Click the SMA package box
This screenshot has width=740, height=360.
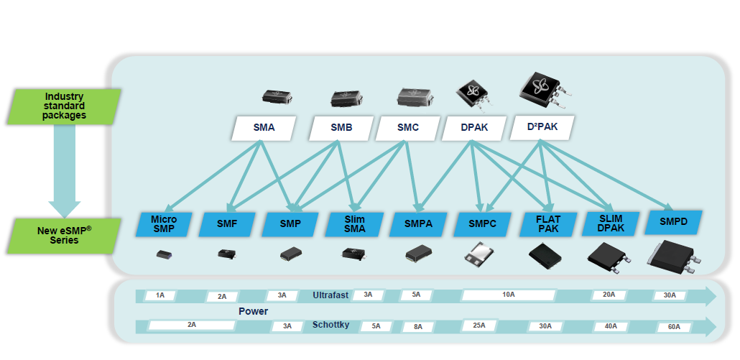264,129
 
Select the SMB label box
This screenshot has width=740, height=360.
341,129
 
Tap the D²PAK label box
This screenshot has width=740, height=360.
542,128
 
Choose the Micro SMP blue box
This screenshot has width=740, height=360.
164,223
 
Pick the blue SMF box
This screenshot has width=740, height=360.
227,223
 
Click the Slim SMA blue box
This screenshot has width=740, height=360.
355,223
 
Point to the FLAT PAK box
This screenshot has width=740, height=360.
548,223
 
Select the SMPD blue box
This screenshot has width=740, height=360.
673,222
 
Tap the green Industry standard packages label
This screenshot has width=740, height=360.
65,106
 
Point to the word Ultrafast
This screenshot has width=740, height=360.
330,295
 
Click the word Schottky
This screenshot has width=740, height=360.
330,326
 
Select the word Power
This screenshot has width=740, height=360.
254,311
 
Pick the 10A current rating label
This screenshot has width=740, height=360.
509,295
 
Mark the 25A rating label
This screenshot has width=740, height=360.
480,326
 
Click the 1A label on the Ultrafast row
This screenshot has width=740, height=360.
160,295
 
